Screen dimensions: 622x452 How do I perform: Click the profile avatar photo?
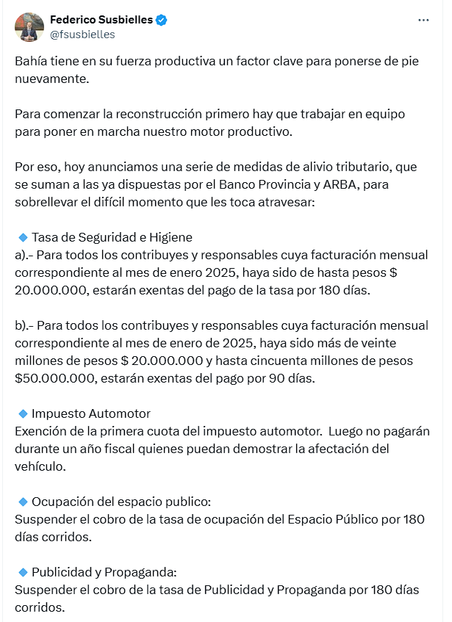coord(29,26)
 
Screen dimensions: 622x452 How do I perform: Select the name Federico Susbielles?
coord(101,20)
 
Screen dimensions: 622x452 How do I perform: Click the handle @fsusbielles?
coord(82,35)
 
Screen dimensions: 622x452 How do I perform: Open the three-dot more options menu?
coord(423,21)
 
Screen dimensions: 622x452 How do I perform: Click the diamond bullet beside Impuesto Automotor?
coord(23,413)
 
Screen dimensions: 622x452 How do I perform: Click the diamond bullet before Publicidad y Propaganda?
coord(23,572)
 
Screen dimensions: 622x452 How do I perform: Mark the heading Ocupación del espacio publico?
coord(121,502)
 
